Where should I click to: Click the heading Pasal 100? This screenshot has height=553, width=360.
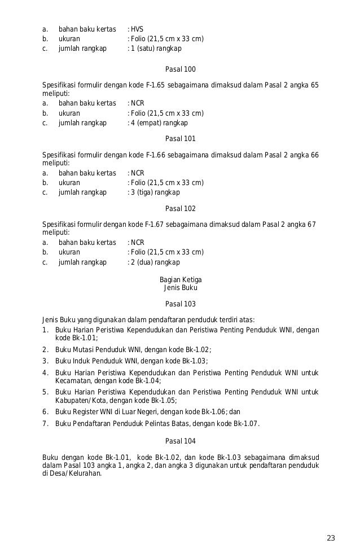pos(181,69)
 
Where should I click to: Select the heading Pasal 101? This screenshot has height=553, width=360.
pos(181,139)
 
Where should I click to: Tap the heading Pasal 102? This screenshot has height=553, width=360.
pos(181,208)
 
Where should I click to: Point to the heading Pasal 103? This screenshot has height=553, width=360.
pos(181,304)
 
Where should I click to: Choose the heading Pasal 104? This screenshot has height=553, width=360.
pos(181,441)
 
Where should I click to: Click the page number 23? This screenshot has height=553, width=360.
pos(331,537)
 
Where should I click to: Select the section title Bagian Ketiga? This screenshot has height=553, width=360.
pos(181,280)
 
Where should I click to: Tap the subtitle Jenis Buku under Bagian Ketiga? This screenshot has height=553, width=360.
pos(181,288)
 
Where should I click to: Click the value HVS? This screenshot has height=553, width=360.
pos(137,29)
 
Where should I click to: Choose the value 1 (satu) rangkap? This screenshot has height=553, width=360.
pos(156,49)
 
